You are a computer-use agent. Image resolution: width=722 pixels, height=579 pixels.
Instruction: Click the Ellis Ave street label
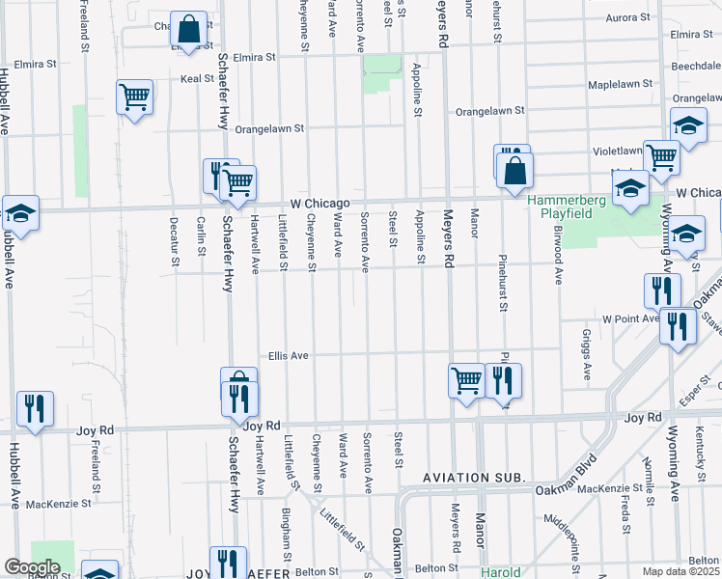click(x=288, y=356)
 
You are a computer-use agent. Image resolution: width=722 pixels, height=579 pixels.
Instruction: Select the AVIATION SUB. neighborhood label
click(x=473, y=478)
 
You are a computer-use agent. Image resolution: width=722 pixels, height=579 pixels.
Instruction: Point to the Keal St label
click(x=197, y=78)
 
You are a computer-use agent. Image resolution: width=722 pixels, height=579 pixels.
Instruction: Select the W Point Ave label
click(x=629, y=318)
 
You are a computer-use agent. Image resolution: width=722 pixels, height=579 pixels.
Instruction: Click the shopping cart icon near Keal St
click(x=134, y=96)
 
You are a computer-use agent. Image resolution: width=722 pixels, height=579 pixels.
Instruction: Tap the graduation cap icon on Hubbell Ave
click(x=19, y=212)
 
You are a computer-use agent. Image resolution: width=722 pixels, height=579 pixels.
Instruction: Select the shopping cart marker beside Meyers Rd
click(x=466, y=379)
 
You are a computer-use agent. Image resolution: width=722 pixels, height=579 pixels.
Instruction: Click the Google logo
click(x=32, y=567)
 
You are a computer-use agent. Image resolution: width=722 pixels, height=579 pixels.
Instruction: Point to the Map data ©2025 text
click(x=680, y=571)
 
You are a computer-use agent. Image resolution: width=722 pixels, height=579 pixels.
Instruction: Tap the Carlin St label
click(x=202, y=236)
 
